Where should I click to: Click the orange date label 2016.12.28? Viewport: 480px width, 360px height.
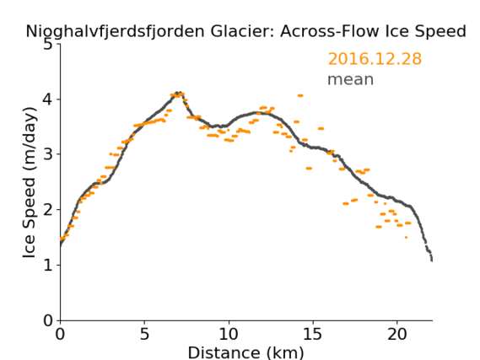pyautogui.click(x=375, y=59)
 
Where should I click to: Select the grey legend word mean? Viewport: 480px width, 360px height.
pyautogui.click(x=351, y=79)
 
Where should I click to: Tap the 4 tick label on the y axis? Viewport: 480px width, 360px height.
pyautogui.click(x=47, y=99)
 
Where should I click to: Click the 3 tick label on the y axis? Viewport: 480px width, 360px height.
pyautogui.click(x=47, y=154)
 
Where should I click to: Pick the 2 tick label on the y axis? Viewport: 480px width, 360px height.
pyautogui.click(x=47, y=210)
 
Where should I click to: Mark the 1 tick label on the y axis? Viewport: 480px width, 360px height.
pyautogui.click(x=47, y=265)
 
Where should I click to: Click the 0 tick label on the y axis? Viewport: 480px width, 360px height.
pyautogui.click(x=47, y=320)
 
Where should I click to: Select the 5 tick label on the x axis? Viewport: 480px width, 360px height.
pyautogui.click(x=144, y=334)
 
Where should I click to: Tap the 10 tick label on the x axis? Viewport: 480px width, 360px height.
pyautogui.click(x=229, y=334)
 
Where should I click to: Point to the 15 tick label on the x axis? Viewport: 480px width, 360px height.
pyautogui.click(x=313, y=334)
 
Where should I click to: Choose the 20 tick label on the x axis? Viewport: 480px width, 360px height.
pyautogui.click(x=397, y=334)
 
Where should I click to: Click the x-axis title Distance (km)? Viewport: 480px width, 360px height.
pyautogui.click(x=245, y=352)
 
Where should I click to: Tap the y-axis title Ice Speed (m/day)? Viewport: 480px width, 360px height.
pyautogui.click(x=30, y=182)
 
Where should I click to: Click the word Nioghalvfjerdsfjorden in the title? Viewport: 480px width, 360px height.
pyautogui.click(x=115, y=31)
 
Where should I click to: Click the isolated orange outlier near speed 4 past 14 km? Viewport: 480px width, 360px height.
pyautogui.click(x=300, y=96)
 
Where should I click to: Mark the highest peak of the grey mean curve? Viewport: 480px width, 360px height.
pyautogui.click(x=178, y=93)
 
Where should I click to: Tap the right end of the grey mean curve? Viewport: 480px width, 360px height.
pyautogui.click(x=432, y=260)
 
